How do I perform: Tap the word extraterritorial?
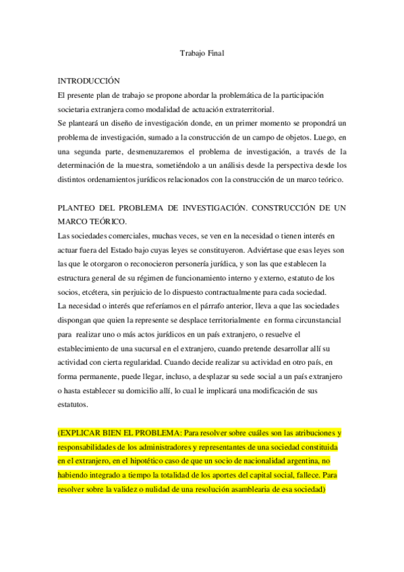[x=261, y=110]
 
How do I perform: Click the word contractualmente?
[x=227, y=291]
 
